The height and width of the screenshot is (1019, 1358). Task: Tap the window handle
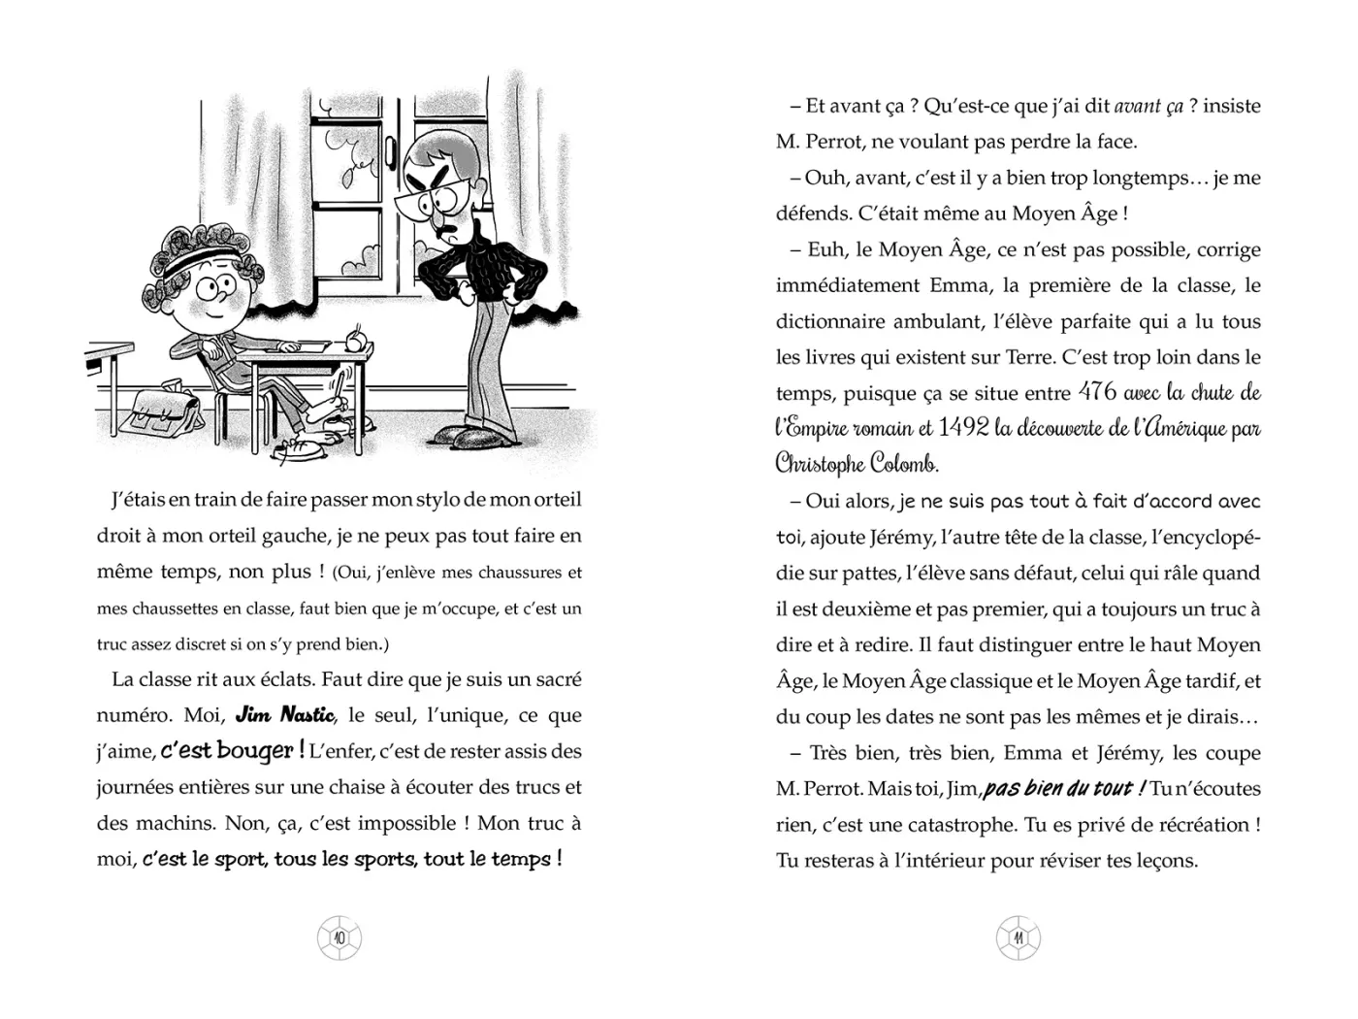tap(391, 151)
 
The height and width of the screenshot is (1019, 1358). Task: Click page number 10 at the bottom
tap(339, 937)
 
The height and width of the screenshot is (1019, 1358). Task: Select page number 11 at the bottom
tap(1018, 937)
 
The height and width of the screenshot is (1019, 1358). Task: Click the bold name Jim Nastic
tap(285, 716)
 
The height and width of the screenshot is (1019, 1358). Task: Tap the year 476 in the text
tap(1097, 392)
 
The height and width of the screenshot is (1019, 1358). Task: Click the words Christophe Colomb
tap(857, 464)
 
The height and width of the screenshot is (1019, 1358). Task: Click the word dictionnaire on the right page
tap(834, 321)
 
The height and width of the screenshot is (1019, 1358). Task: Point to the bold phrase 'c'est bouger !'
tap(233, 751)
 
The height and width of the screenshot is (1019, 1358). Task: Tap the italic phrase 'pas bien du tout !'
tap(1064, 788)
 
